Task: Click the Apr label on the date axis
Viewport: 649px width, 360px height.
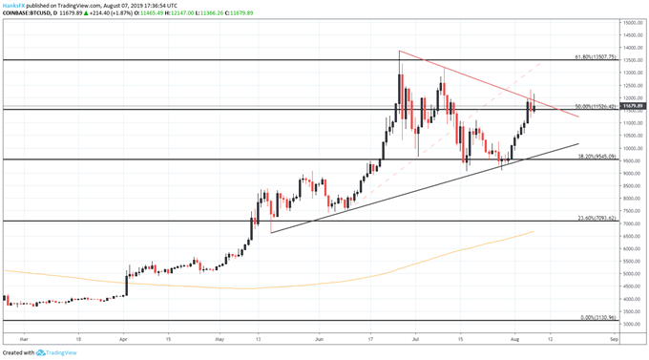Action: (124, 338)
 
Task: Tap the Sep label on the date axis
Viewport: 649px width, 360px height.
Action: (615, 338)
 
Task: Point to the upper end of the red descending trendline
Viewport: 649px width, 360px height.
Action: (399, 51)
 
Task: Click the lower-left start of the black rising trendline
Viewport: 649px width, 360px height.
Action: (271, 232)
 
